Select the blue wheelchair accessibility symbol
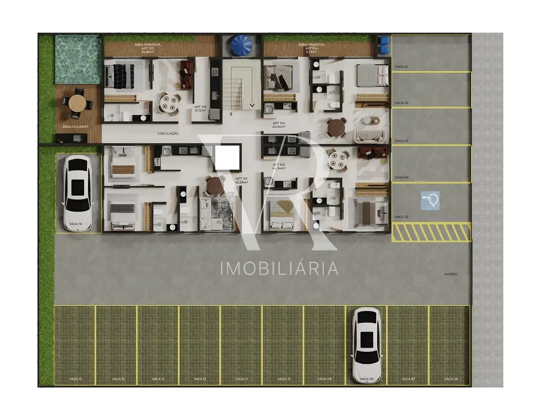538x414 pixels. coord(430,200)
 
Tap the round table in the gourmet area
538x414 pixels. coord(77,102)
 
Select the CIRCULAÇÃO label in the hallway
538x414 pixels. coord(168,133)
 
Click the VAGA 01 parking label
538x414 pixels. coord(401,67)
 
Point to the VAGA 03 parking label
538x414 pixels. coord(401,141)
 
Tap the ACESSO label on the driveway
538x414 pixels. coord(451,274)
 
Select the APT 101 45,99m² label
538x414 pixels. coord(242,180)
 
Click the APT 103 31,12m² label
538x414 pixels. coord(200,109)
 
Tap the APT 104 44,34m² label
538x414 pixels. coord(279,125)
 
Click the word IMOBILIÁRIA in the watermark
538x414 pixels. coord(280,268)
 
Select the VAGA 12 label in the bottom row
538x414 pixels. coord(200,379)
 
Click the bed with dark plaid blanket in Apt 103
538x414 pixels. coord(119,76)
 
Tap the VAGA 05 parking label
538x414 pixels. coord(401,217)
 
